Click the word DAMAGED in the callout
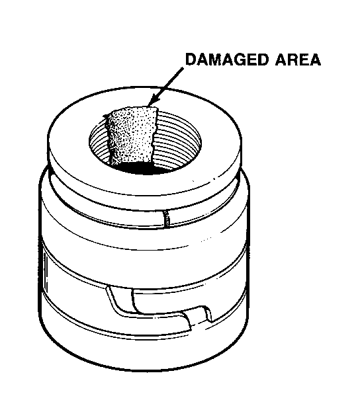click(226, 60)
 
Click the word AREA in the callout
click(298, 60)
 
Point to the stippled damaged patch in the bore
click(131, 136)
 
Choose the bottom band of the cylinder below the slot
click(144, 351)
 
